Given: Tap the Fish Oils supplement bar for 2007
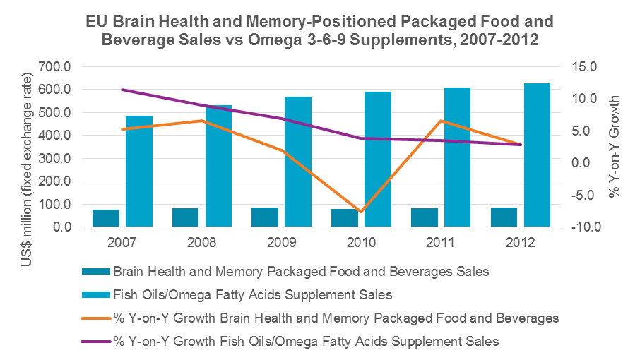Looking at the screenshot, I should pyautogui.click(x=139, y=172).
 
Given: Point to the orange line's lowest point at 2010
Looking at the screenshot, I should pyautogui.click(x=361, y=211).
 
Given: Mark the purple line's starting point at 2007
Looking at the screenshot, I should pyautogui.click(x=122, y=90).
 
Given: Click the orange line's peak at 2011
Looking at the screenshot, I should pyautogui.click(x=441, y=121).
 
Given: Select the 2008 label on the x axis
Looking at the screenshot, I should pyautogui.click(x=202, y=242).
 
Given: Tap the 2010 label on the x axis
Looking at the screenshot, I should pyautogui.click(x=361, y=242).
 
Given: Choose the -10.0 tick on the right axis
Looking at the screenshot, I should pyautogui.click(x=585, y=227).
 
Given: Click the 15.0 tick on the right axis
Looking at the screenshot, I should pyautogui.click(x=585, y=67).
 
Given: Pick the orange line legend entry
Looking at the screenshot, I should pyautogui.click(x=336, y=318).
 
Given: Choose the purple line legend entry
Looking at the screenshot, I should pyautogui.click(x=306, y=341).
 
